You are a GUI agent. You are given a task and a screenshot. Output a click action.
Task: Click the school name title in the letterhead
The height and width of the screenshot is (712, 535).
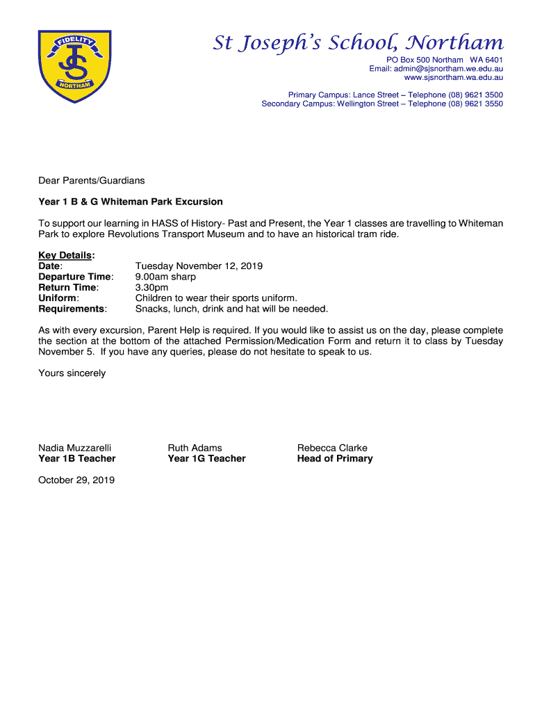[x=358, y=43]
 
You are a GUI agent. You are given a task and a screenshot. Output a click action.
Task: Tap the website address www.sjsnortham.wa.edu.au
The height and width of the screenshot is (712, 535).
[x=448, y=78]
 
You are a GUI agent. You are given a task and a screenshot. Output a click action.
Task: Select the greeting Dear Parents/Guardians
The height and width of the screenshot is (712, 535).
[x=92, y=181]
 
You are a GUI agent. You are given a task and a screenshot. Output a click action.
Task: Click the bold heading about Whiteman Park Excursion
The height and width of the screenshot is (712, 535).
[x=131, y=202]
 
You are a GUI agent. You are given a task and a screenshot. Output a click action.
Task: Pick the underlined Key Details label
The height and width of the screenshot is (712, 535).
[x=65, y=255]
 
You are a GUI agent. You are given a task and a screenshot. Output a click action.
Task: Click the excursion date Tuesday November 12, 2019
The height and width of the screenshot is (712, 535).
[x=199, y=266]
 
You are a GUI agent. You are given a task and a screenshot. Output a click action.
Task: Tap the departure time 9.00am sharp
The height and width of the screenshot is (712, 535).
[x=165, y=277]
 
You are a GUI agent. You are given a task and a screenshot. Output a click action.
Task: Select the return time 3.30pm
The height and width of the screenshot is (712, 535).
[x=151, y=287]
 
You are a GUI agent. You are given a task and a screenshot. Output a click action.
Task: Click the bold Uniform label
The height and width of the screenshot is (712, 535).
[x=58, y=298]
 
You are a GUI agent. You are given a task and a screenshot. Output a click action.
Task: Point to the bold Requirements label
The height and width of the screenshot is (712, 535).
[x=72, y=309]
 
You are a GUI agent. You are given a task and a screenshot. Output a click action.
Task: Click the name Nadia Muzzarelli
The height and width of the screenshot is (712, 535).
[x=74, y=448]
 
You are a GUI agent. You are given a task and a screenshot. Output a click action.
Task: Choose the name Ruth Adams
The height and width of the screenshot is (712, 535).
[x=195, y=448]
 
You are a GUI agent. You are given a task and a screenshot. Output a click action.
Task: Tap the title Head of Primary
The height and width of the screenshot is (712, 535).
[x=335, y=458]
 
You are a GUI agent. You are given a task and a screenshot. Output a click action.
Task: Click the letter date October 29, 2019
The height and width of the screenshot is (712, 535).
[x=76, y=480]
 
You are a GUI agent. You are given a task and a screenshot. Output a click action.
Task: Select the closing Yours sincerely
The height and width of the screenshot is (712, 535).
[x=72, y=373]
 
